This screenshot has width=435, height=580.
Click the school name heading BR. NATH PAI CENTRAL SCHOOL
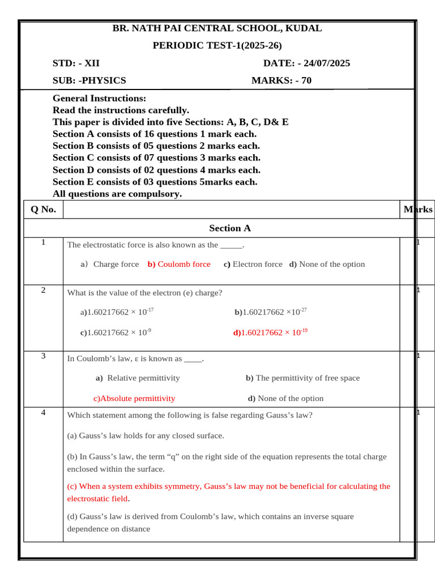[x=217, y=28]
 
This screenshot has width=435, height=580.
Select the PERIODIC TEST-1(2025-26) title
[x=217, y=46]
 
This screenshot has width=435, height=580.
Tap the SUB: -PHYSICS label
[x=89, y=80]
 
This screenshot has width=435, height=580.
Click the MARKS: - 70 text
[x=282, y=80]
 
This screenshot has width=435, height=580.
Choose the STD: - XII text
[x=76, y=63]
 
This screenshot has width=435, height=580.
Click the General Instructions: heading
[x=99, y=99]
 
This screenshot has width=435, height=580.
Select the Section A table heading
[x=229, y=228]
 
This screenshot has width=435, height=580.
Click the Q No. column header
[x=43, y=210]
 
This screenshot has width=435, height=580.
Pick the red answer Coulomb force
[x=179, y=265]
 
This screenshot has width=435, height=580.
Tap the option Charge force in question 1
[x=115, y=265]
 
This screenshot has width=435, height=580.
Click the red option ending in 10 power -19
[x=270, y=332]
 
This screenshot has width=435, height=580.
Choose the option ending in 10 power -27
[x=271, y=312]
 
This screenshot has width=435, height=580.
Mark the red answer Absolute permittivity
[x=134, y=398]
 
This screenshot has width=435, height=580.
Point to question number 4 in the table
[x=43, y=412]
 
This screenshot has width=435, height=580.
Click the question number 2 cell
[x=43, y=291]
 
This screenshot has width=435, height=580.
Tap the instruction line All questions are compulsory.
[x=117, y=194]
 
